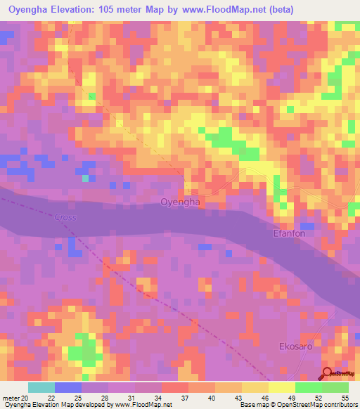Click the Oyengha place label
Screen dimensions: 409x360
[x=181, y=202]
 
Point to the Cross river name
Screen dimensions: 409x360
[x=65, y=217]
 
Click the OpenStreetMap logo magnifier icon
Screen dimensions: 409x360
[x=328, y=374]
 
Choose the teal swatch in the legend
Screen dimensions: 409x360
[x=41, y=387]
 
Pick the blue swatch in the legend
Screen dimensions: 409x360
[x=68, y=387]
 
